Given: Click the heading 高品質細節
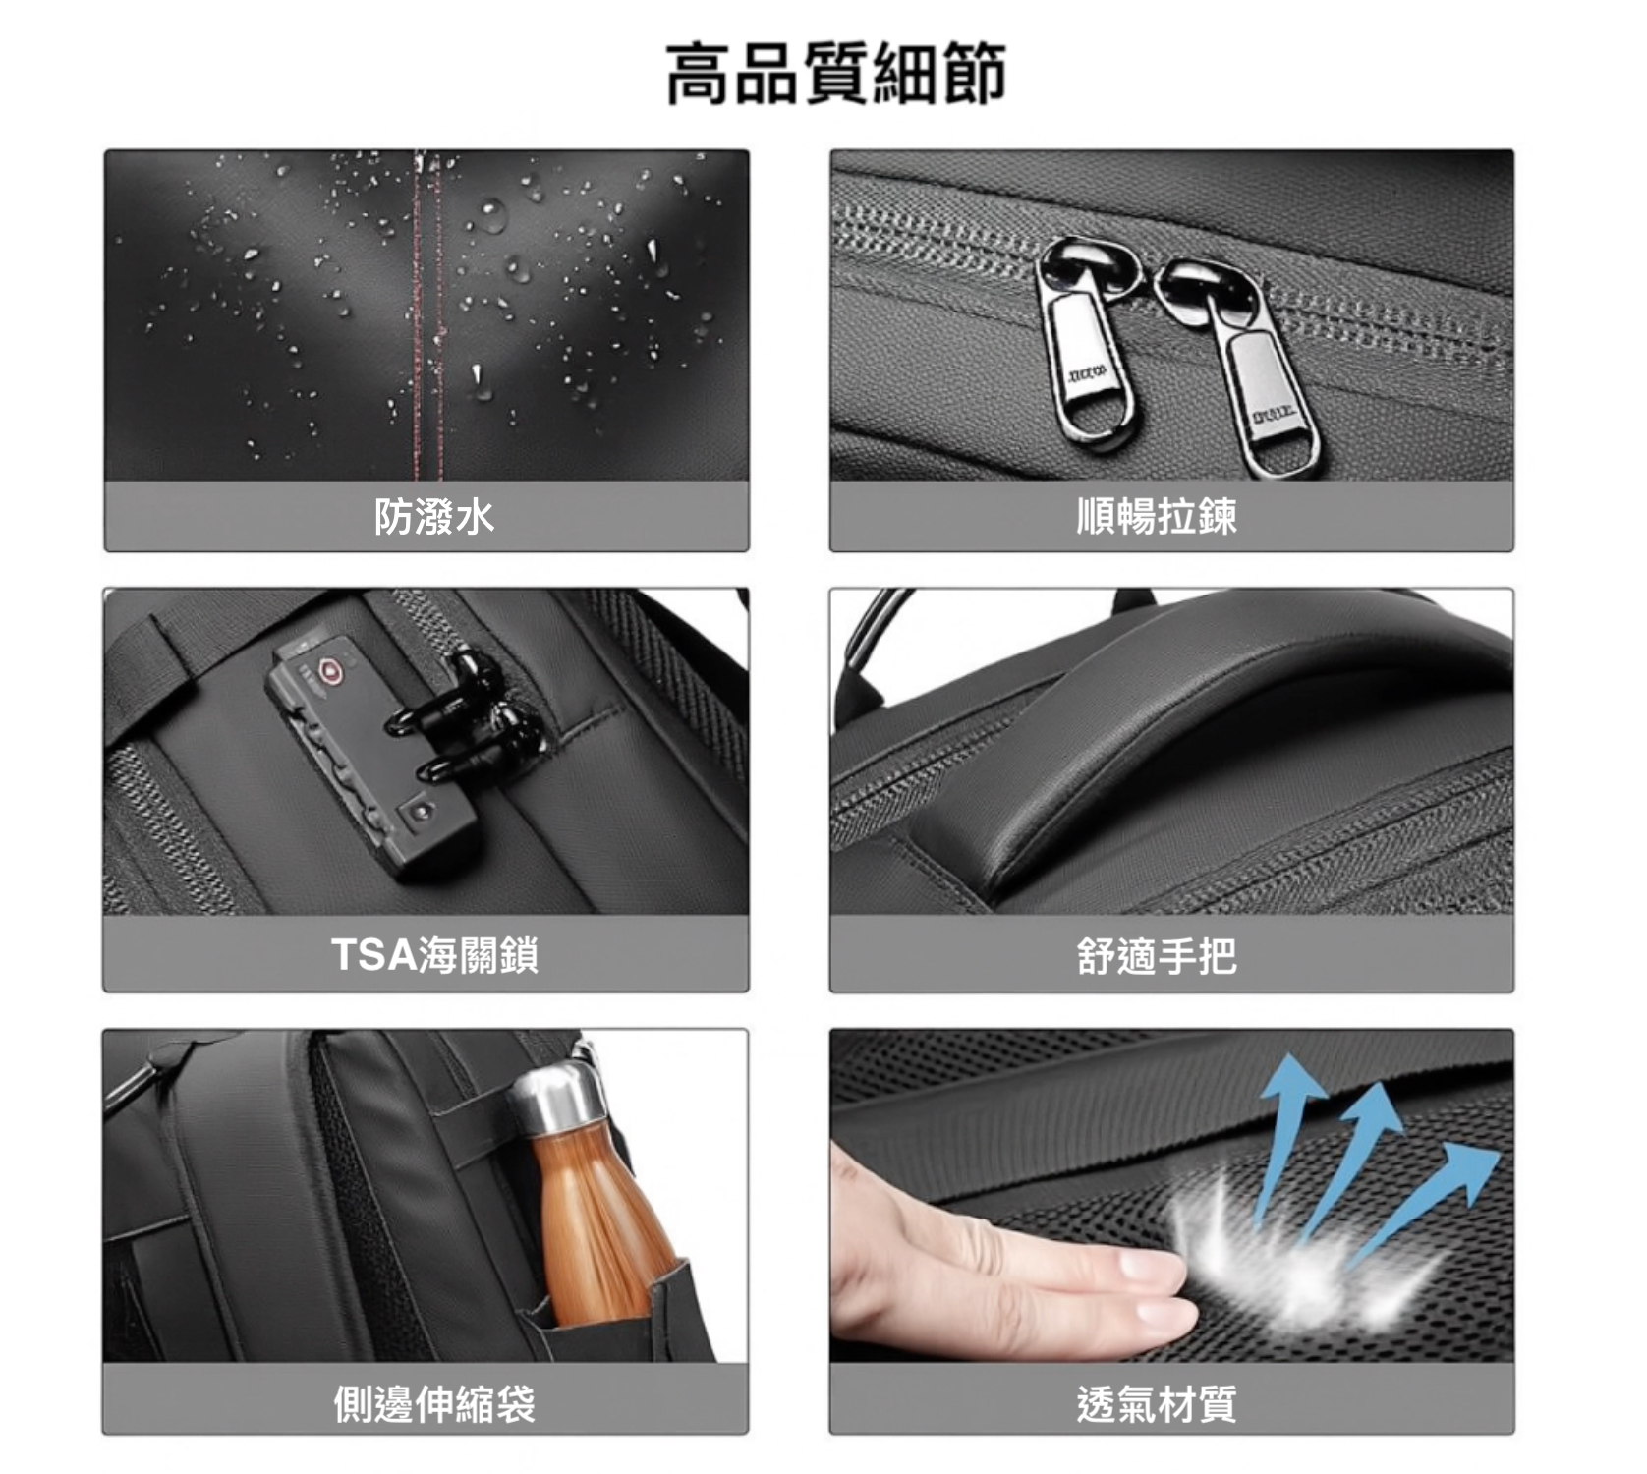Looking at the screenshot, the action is tap(836, 73).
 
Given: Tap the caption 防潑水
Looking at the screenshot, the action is tap(433, 516).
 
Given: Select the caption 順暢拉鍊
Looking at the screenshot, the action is tap(1157, 516).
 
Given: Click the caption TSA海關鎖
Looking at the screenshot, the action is tap(434, 954).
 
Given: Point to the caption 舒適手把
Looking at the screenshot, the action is tap(1157, 955).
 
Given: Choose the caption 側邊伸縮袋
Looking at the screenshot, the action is tap(433, 1403).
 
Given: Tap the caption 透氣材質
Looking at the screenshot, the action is tap(1157, 1403).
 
